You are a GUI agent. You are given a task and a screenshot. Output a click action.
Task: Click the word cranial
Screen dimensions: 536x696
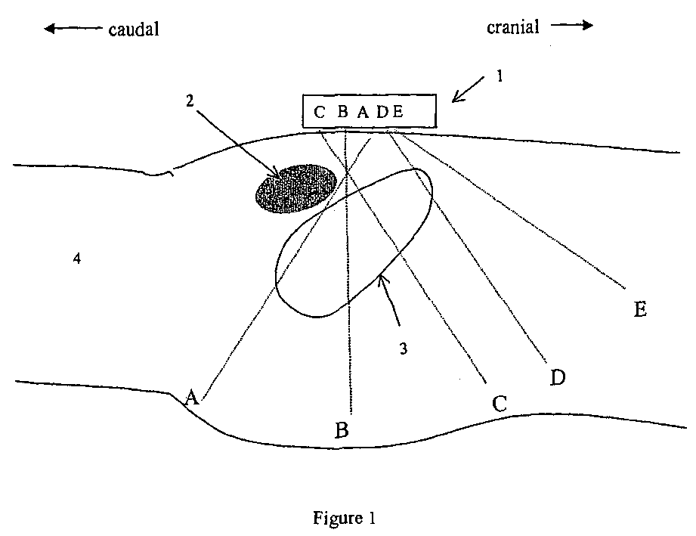513,27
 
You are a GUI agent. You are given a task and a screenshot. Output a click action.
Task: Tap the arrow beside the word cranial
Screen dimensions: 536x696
572,26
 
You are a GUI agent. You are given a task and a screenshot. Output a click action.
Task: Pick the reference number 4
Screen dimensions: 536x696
76,259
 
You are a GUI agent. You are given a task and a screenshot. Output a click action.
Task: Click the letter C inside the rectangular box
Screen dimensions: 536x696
320,113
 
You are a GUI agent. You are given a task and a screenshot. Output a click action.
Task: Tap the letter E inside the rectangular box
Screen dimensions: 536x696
399,113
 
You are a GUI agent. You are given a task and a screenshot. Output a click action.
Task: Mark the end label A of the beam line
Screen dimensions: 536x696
192,398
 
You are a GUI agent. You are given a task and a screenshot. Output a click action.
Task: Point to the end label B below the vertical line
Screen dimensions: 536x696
342,432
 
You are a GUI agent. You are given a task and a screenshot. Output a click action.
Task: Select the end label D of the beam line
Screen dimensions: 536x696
558,377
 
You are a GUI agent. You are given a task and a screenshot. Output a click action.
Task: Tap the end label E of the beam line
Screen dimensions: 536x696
639,310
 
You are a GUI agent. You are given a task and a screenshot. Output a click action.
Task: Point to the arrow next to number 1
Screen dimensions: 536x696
468,85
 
